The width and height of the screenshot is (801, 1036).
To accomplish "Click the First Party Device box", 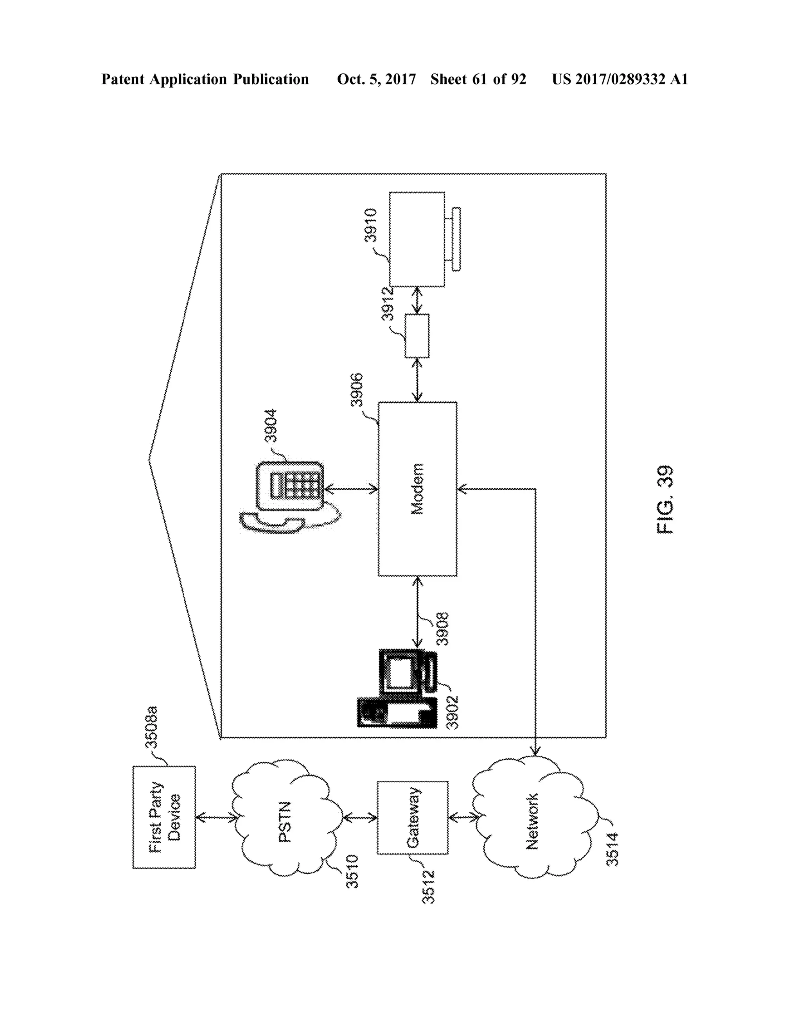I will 164,817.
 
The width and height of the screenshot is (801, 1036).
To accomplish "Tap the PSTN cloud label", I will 285,822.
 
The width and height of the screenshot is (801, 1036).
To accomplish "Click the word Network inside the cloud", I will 532,821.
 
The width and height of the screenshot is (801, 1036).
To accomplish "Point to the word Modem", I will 417,489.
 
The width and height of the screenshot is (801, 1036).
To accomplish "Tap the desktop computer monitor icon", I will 401,674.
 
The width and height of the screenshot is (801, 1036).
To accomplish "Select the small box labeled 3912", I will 417,336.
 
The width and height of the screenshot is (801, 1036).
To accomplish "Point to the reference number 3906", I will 356,390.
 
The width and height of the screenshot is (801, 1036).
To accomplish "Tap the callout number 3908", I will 442,629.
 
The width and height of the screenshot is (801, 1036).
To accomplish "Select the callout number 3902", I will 453,712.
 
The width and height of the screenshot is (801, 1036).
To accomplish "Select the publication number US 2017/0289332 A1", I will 619,79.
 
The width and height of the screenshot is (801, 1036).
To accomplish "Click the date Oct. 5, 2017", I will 376,79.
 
